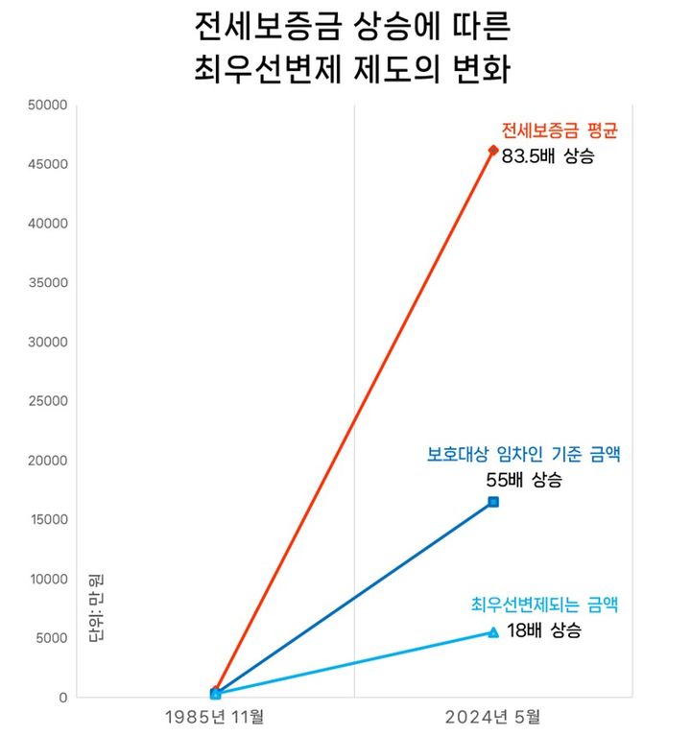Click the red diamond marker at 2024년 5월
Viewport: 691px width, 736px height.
(493, 150)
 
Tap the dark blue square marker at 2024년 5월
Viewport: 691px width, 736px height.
(493, 502)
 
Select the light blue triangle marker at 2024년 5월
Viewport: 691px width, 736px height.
(493, 632)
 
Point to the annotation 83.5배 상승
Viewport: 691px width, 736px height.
(548, 154)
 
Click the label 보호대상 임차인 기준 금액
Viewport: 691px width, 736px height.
(523, 455)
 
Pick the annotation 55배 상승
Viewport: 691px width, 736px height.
(523, 480)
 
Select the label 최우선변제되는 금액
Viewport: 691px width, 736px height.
(544, 605)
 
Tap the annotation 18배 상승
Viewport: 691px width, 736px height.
(543, 630)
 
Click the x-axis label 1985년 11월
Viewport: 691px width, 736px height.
(215, 716)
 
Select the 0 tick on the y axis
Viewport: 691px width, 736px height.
(63, 698)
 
